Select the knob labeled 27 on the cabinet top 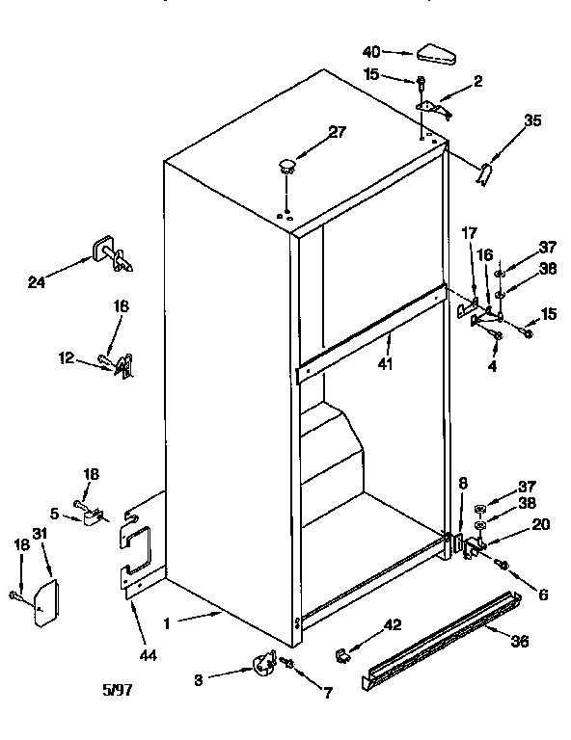click(286, 166)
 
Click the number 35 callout click(532, 121)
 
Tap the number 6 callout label click(544, 596)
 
